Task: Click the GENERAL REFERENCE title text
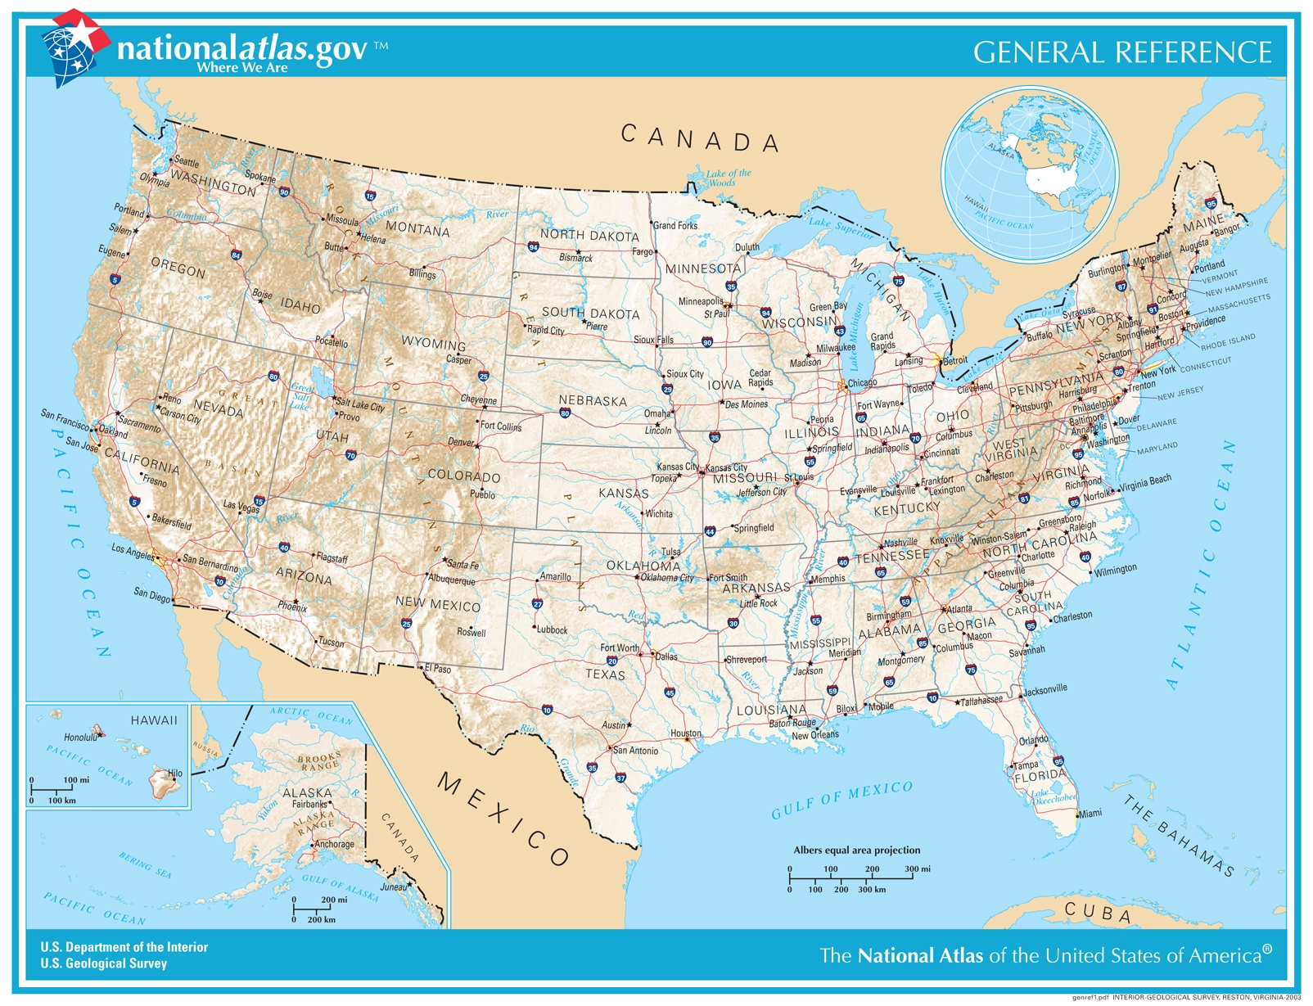1121,52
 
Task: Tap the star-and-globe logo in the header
74,47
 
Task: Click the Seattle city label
187,162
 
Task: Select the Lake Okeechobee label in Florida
1053,796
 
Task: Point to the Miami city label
1090,814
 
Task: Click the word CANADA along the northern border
699,138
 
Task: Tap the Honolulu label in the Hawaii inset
80,738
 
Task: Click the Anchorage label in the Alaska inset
334,844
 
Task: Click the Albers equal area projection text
856,850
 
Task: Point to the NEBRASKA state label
593,401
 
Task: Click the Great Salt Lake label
301,396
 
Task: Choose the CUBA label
1098,911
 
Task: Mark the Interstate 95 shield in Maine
1211,203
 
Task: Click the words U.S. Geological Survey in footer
104,963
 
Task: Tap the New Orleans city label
814,735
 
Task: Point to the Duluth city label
747,246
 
